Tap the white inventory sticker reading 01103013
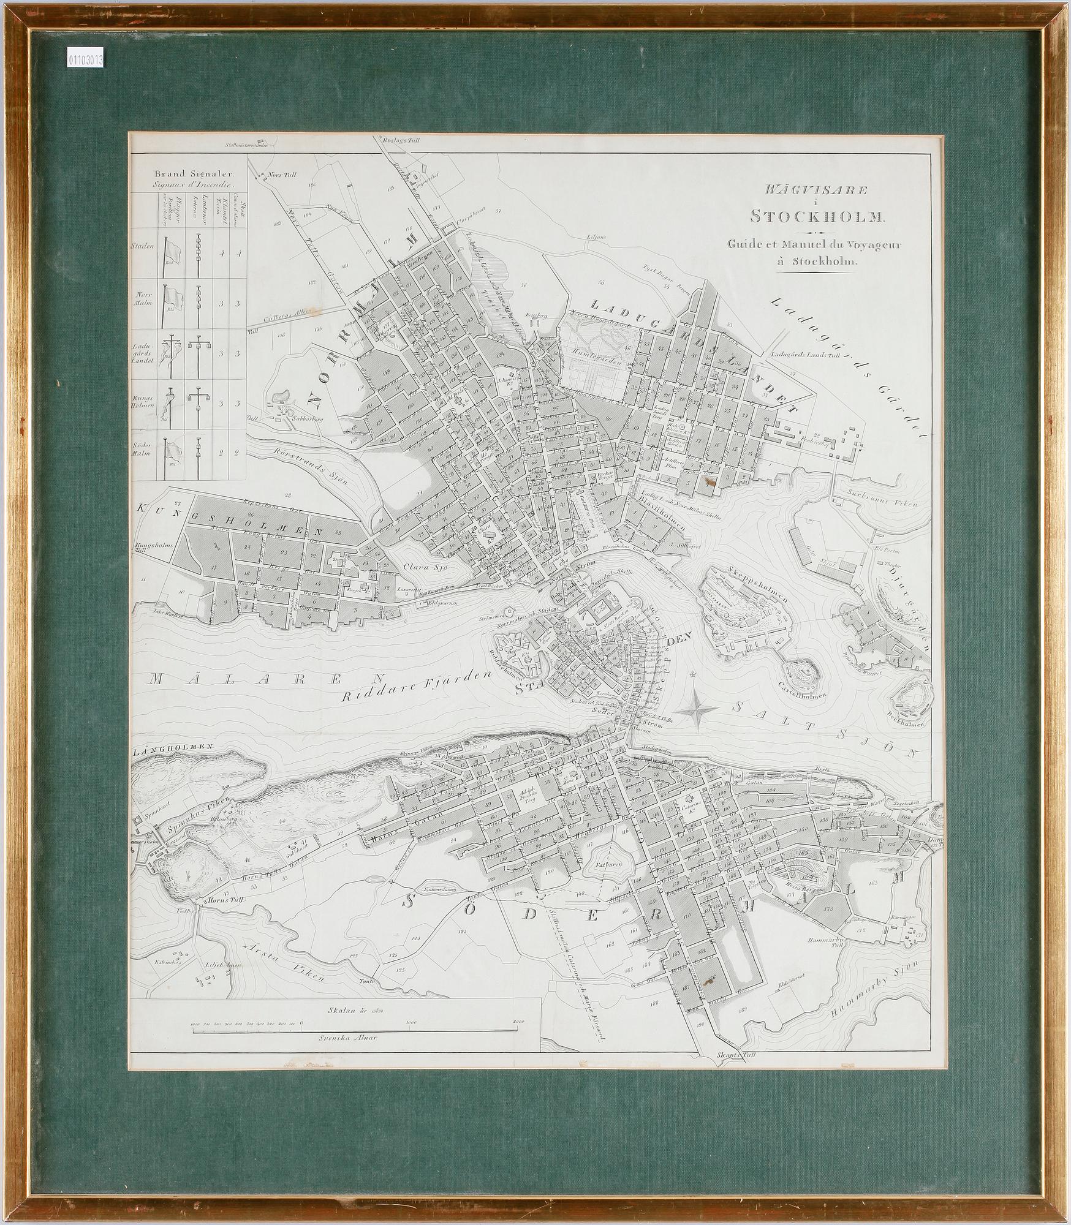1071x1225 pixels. click(85, 60)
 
